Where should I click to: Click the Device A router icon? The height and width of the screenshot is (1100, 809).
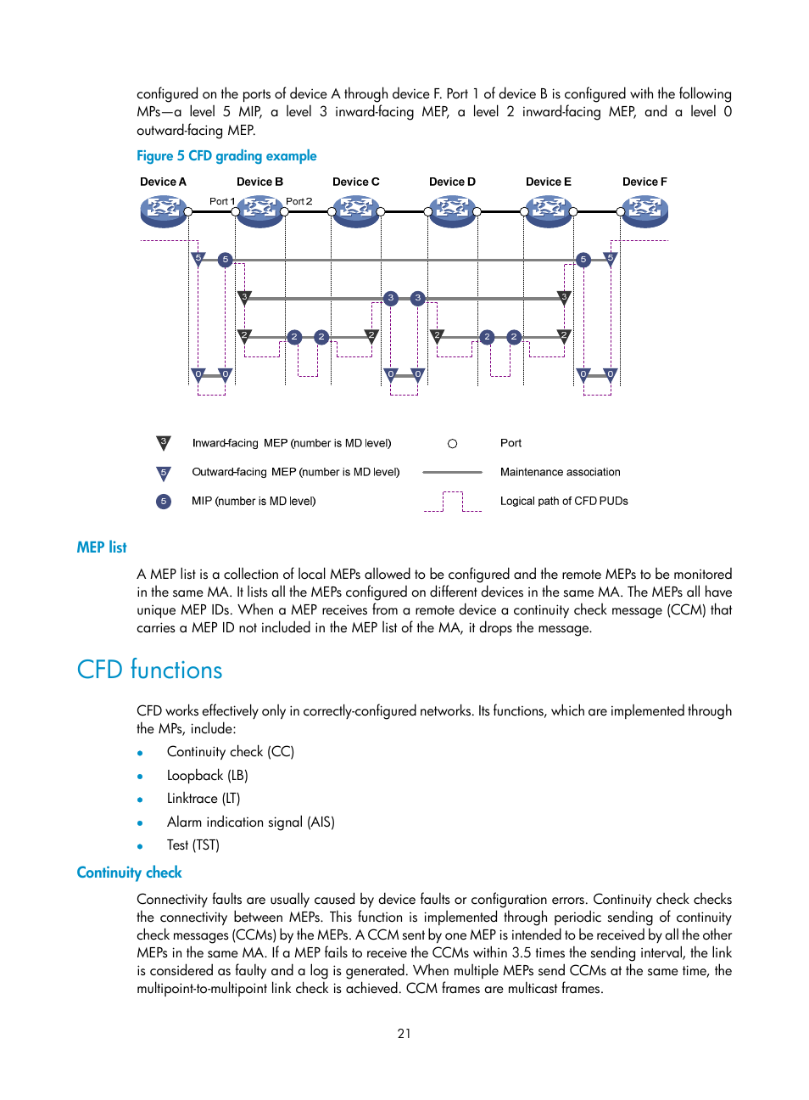click(163, 210)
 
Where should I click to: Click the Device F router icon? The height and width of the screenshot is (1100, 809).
click(644, 210)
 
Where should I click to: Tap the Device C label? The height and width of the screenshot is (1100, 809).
click(355, 182)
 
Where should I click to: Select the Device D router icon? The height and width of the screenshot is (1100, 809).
click(452, 210)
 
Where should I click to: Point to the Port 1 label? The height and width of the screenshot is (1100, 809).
click(222, 201)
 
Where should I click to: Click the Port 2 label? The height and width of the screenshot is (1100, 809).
click(298, 201)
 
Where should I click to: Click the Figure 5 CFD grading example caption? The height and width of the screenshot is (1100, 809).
click(226, 155)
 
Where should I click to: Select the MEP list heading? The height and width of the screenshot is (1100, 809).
click(102, 547)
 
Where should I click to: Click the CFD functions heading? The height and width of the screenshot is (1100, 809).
click(149, 670)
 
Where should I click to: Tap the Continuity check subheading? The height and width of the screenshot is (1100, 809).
click(129, 873)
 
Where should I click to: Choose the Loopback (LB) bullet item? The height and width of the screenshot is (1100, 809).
click(207, 775)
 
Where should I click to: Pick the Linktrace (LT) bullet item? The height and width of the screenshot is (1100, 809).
click(204, 799)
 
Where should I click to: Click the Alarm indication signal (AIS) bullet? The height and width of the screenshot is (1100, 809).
click(250, 822)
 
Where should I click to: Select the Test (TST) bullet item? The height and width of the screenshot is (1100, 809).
click(192, 845)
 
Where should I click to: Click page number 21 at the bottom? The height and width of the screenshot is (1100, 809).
click(404, 1033)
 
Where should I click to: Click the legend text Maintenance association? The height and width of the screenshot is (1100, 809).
click(560, 472)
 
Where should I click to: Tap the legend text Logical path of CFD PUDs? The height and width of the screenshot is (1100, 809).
click(564, 501)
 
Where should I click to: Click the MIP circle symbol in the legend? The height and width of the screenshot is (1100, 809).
click(164, 501)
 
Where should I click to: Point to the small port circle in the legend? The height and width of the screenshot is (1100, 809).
click(452, 443)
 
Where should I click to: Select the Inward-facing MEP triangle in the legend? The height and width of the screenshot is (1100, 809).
click(164, 442)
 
